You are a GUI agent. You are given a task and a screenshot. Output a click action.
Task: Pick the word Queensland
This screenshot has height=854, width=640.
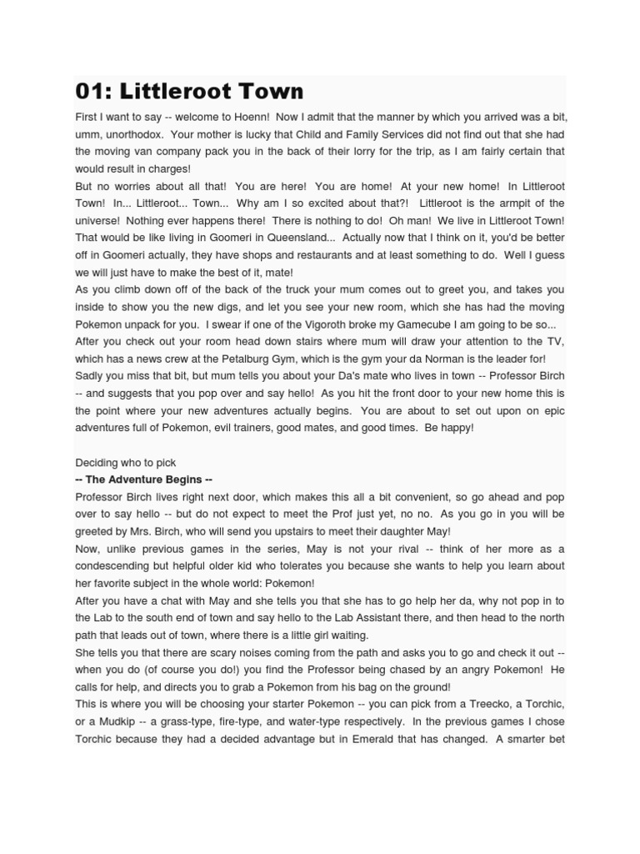pos(283,238)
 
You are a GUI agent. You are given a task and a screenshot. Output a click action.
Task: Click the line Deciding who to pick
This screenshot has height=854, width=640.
pos(126,462)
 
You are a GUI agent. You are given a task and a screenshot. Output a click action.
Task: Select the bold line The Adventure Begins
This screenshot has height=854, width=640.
pos(144,480)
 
